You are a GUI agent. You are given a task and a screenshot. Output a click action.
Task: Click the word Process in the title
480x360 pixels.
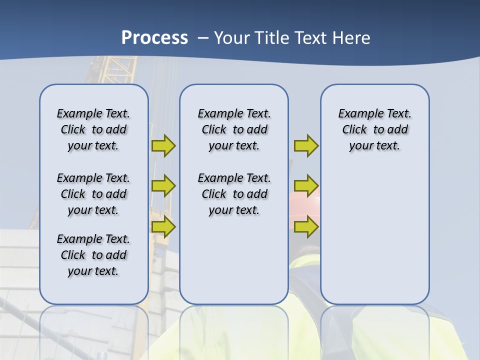154,37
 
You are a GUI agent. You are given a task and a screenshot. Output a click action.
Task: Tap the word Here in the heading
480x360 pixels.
351,38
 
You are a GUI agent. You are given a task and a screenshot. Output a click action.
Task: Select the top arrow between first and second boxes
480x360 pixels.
163,145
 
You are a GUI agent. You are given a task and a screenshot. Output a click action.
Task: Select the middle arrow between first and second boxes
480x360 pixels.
163,186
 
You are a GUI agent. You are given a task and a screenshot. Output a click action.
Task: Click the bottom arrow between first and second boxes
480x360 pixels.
163,226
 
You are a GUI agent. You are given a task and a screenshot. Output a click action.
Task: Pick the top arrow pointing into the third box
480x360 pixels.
306,145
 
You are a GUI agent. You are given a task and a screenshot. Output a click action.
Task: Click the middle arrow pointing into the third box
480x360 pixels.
306,186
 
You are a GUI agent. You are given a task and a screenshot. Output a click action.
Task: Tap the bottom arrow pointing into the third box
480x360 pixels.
306,226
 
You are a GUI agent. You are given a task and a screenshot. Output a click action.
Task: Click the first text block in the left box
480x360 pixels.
93,129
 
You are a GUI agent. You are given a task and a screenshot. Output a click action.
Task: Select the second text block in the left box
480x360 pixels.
93,194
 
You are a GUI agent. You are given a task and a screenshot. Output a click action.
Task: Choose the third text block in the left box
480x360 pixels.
93,255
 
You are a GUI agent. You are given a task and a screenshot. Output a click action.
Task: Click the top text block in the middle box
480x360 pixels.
234,129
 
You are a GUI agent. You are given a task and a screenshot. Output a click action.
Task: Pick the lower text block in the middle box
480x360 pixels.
234,194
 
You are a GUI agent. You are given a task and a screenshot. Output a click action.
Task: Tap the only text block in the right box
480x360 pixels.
375,129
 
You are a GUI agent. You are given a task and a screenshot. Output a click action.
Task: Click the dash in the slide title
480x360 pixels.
203,38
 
